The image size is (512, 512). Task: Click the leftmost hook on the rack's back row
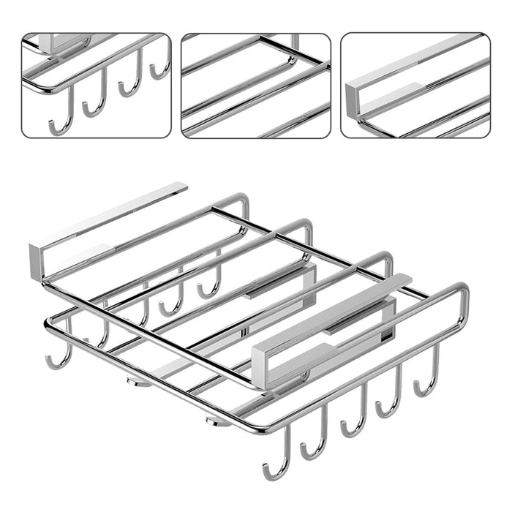tap(59, 355)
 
